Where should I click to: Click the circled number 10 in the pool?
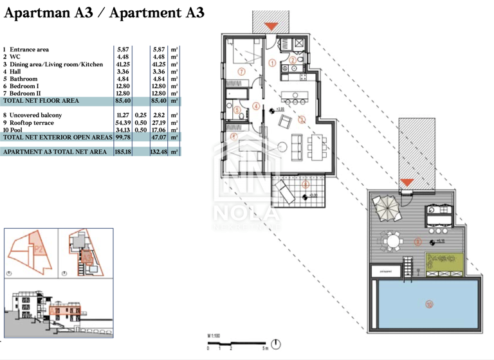point(428,303)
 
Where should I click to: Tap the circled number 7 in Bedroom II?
point(241,71)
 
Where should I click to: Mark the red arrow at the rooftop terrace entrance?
point(406,183)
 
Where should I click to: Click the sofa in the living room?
point(297,147)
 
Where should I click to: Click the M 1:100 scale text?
point(214,336)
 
